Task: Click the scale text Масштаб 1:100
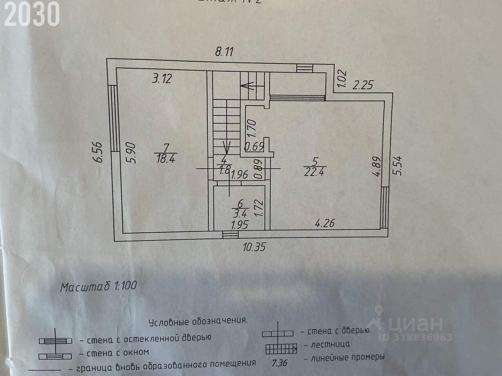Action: [x=98, y=287]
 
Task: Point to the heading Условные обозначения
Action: [x=198, y=322]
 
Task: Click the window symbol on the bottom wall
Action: [x=230, y=234]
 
